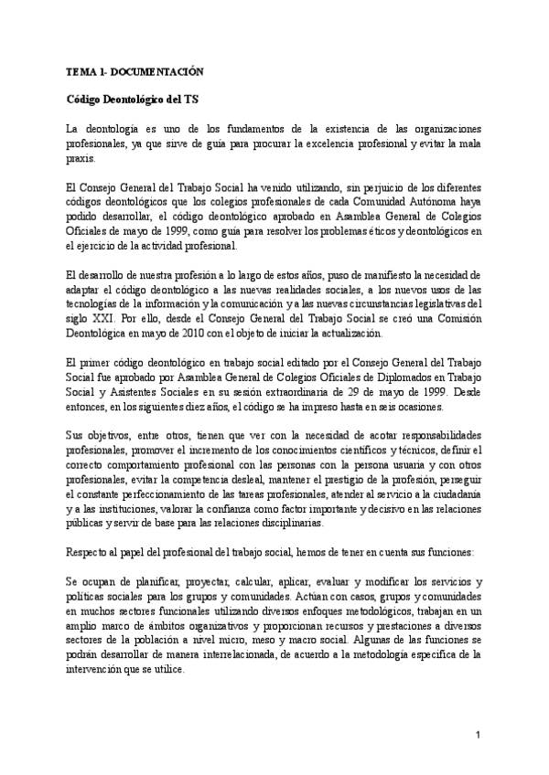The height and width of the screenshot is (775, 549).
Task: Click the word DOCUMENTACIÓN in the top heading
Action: tap(163, 71)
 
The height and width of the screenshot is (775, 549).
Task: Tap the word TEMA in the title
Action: tap(83, 71)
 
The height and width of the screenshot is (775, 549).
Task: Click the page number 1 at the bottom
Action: tap(479, 734)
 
